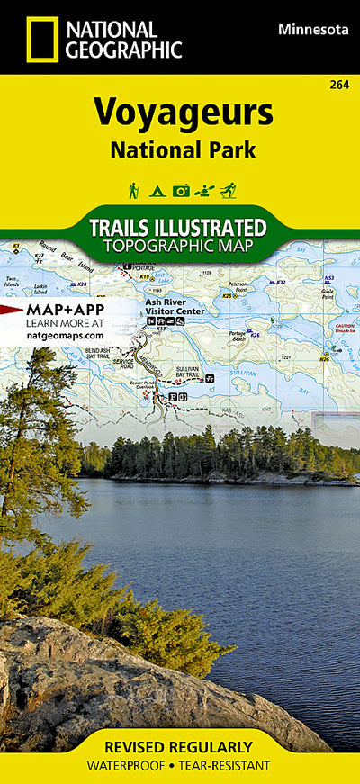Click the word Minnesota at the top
(x=314, y=30)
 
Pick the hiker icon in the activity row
(x=133, y=190)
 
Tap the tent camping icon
(x=156, y=190)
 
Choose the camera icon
(x=181, y=190)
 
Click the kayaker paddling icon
(x=204, y=190)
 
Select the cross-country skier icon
(x=228, y=190)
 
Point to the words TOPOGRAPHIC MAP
(x=178, y=246)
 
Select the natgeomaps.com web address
(x=65, y=335)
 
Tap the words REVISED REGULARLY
(x=178, y=747)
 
